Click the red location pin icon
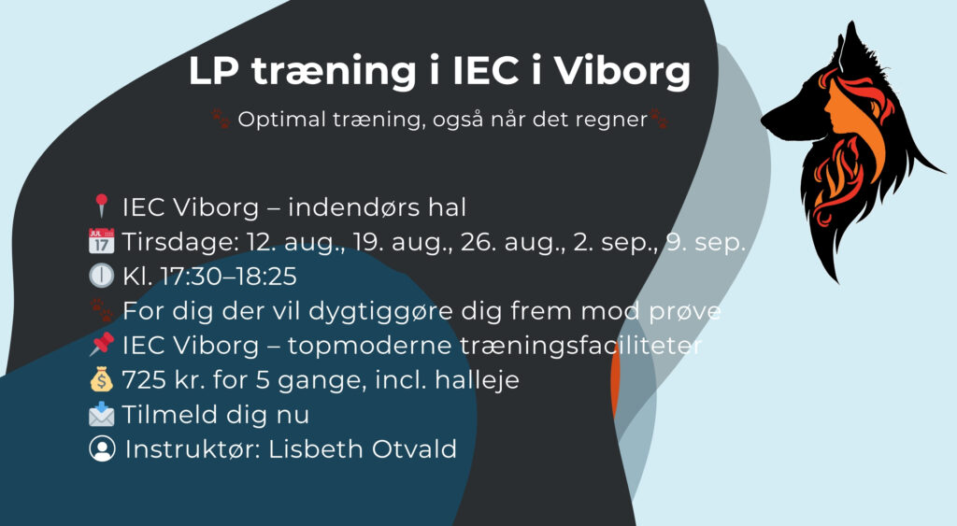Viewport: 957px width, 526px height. pos(102,206)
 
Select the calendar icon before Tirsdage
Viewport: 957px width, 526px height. pos(101,242)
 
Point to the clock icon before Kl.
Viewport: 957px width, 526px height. pos(101,277)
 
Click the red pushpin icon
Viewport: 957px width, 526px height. pos(101,346)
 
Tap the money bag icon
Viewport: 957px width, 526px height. pos(101,380)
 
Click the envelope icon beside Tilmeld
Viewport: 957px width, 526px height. pos(101,415)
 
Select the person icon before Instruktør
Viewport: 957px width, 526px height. pos(101,449)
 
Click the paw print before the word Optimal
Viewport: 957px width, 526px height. pos(221,119)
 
